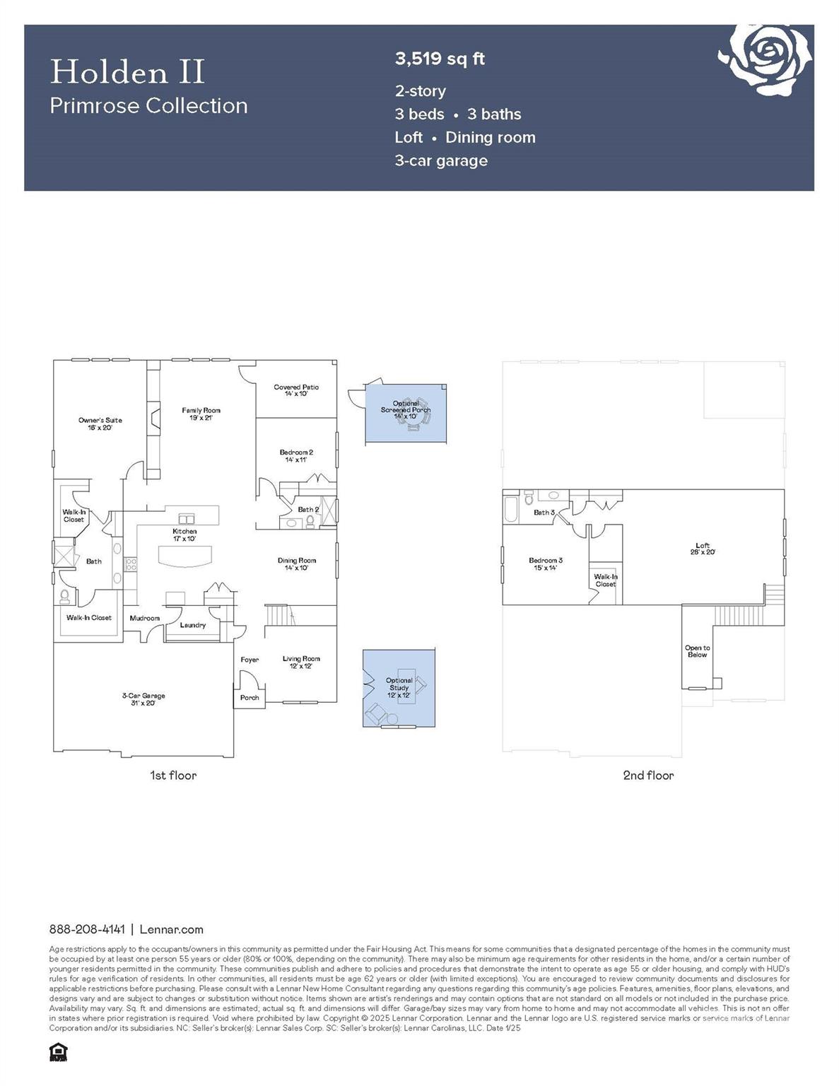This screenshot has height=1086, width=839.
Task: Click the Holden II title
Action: (127, 72)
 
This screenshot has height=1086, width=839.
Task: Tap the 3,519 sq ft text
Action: (440, 59)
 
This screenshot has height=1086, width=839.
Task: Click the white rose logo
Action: (765, 59)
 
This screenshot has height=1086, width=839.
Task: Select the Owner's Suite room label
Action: (100, 424)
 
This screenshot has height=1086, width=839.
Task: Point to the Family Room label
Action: (201, 414)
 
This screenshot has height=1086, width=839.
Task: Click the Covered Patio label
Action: (296, 390)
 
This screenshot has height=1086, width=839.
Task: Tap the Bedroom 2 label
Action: (296, 455)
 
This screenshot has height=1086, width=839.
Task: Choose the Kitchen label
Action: (184, 535)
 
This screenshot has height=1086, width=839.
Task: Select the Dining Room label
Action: (297, 564)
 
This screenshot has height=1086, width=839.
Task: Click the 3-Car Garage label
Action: (143, 699)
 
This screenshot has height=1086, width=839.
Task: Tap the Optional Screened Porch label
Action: (406, 409)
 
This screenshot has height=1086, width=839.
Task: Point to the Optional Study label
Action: (399, 687)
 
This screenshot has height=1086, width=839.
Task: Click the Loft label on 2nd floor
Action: (703, 548)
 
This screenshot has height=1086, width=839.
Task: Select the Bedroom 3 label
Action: (545, 564)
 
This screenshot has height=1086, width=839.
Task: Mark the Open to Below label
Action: (697, 651)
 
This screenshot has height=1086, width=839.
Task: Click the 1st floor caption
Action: (173, 776)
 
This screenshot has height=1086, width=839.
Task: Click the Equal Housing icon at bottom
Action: (58, 1053)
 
